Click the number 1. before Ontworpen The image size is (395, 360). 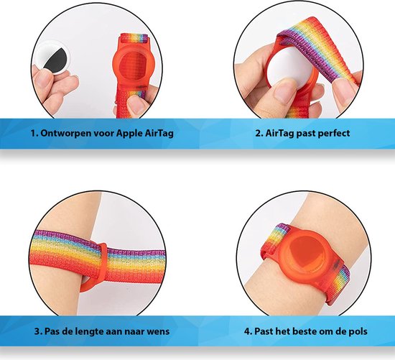click(x=34, y=133)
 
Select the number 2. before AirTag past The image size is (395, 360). click(x=259, y=133)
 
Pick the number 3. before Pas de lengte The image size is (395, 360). click(x=38, y=331)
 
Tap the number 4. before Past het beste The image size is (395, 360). click(x=248, y=331)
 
